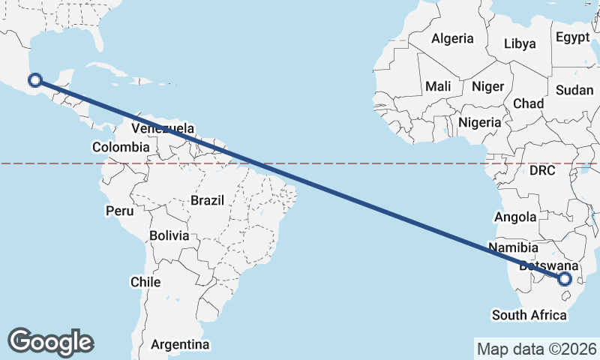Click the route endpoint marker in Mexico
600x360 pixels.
[34, 81]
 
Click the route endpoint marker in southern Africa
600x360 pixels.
[565, 279]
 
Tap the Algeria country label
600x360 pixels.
[452, 38]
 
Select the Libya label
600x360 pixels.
[520, 43]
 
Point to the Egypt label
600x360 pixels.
[574, 36]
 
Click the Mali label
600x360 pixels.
[438, 86]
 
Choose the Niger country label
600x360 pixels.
[487, 86]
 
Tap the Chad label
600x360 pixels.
[528, 103]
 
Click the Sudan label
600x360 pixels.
[574, 90]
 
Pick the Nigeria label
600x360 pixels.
[479, 121]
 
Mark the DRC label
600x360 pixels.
[541, 170]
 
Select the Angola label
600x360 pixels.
[515, 217]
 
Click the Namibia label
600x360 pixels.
[513, 247]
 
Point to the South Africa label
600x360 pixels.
[529, 314]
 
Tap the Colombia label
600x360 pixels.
[121, 147]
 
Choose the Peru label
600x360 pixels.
[118, 211]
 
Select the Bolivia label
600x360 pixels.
[169, 235]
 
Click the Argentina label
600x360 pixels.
[180, 345]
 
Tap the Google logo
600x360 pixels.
[50, 341]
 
